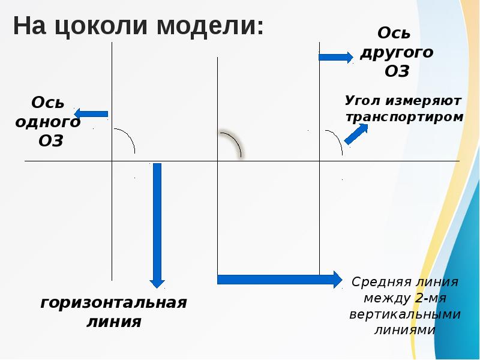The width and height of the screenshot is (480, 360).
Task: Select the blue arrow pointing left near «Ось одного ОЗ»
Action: pyautogui.click(x=91, y=113)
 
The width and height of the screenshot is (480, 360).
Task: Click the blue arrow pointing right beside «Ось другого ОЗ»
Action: pyautogui.click(x=335, y=57)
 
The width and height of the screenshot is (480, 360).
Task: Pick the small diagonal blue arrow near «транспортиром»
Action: pyautogui.click(x=355, y=134)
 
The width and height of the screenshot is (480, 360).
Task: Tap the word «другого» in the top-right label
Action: pyautogui.click(x=396, y=52)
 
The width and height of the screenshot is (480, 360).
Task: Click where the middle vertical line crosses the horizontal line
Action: pyautogui.click(x=217, y=161)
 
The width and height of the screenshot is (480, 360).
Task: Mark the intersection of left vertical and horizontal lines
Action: pyautogui.click(x=112, y=161)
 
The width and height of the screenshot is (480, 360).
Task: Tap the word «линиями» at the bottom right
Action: pyautogui.click(x=404, y=330)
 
